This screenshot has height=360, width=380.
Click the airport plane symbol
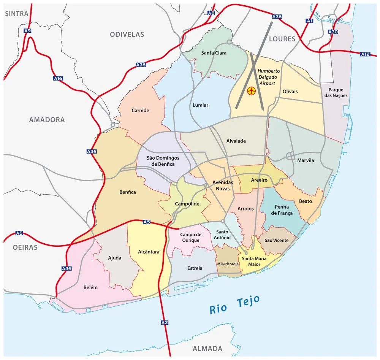point(251,91)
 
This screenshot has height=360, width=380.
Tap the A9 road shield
point(27,30)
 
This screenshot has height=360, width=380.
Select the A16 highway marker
point(58,78)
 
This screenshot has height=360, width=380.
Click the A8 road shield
point(211,13)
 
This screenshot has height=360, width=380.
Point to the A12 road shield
point(365,54)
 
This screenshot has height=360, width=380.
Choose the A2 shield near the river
point(165,323)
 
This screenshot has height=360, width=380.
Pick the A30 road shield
point(332,32)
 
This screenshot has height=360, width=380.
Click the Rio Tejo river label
point(235,304)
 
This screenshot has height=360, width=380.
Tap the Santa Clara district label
point(214,53)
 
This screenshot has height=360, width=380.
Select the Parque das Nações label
point(336,93)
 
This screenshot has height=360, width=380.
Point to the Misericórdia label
point(228,263)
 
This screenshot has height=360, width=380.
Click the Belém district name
point(90,287)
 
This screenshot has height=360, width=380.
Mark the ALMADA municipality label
point(207,349)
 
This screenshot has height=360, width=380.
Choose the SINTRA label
point(17,14)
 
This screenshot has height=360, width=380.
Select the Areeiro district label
point(259,180)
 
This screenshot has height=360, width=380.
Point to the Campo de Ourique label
point(191,238)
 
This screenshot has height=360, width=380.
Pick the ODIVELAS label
point(127,34)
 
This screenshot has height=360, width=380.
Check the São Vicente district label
point(276,240)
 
